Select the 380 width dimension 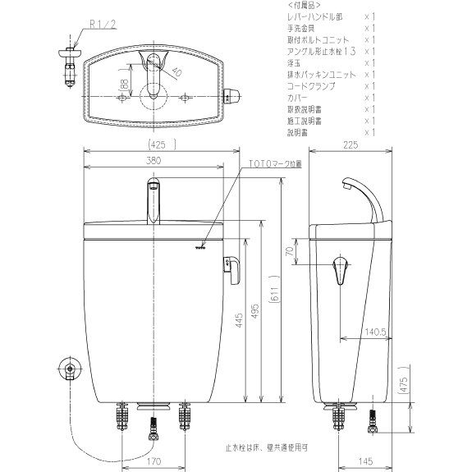tap(153, 161)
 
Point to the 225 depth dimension tap(351, 144)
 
